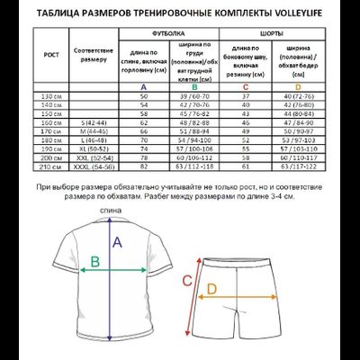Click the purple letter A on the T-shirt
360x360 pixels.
(114, 241)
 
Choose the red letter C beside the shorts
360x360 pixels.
(187, 281)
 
